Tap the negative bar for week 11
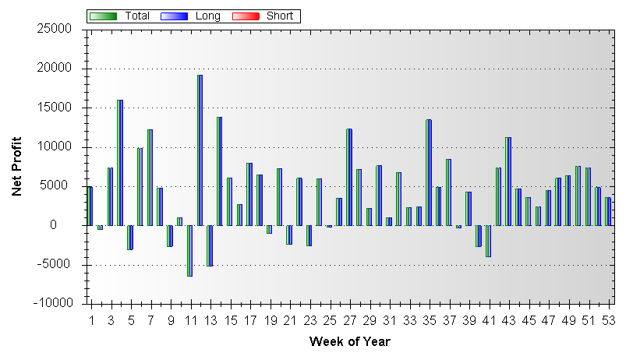189,250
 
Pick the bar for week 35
429,172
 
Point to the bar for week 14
220,171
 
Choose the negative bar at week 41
489,241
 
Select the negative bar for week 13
210,245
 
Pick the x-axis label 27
349,321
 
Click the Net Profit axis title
17,166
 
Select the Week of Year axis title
349,341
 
